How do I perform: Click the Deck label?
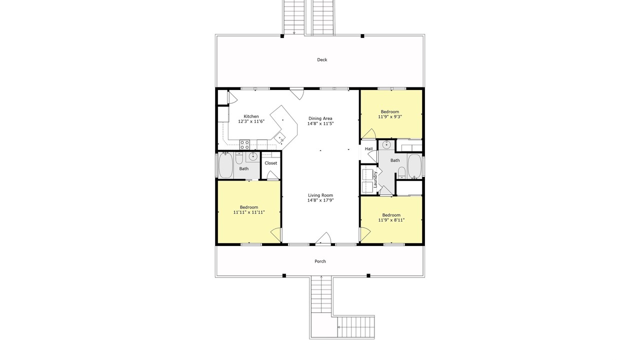coord(322,59)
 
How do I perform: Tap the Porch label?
coord(320,261)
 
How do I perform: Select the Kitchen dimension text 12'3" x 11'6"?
coord(251,121)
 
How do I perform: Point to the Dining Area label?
coord(320,118)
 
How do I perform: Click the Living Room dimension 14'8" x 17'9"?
coord(320,200)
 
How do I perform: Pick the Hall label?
coord(368,149)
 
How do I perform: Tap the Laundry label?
coord(375,179)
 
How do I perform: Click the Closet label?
coord(271,163)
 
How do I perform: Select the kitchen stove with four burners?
coord(244,144)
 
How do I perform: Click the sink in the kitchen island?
coord(280,138)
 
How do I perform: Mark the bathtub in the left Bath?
coord(225,165)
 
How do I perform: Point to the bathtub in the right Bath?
coord(414,166)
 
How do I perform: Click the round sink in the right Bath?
coord(386,145)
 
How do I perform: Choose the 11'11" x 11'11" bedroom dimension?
coord(249,212)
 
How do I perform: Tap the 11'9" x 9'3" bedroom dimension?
coord(390,116)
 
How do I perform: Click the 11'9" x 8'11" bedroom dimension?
coord(391,220)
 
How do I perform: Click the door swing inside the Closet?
coord(272,175)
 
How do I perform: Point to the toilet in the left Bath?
coord(239,158)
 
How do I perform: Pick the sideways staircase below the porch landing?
coord(356,327)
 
